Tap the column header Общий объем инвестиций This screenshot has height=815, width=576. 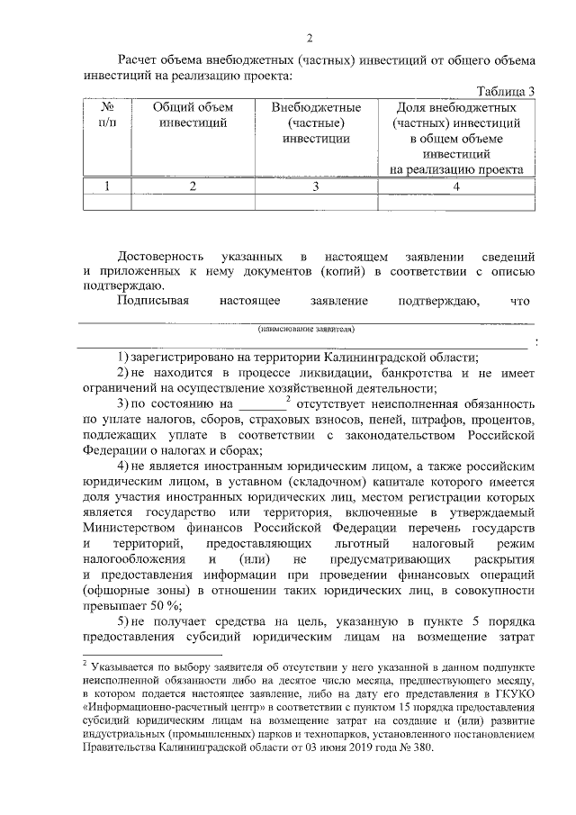pos(192,115)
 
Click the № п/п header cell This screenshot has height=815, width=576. pos(106,115)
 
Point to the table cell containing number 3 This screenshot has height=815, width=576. pos(315,186)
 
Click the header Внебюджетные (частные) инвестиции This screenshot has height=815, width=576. pos(315,123)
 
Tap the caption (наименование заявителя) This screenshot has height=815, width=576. pos(306,330)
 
